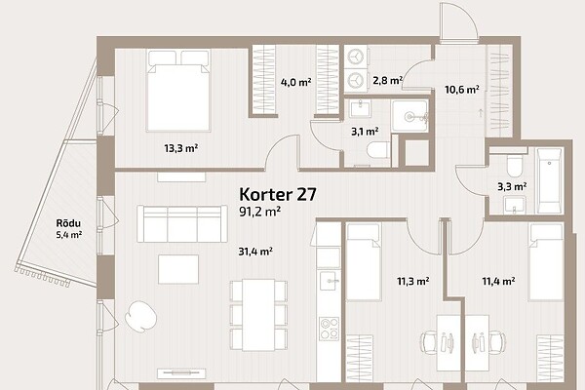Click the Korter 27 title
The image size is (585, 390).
pyautogui.click(x=278, y=194)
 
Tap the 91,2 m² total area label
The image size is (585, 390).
pyautogui.click(x=259, y=212)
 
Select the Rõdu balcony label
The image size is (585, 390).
pyautogui.click(x=68, y=223)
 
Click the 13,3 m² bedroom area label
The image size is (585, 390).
pyautogui.click(x=181, y=148)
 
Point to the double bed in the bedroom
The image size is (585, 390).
pyautogui.click(x=178, y=91)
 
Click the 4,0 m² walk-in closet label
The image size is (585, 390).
pyautogui.click(x=295, y=82)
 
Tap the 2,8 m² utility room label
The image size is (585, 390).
pyautogui.click(x=387, y=80)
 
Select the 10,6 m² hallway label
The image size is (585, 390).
pyautogui.click(x=462, y=90)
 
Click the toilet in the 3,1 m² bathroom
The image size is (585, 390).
pyautogui.click(x=378, y=150)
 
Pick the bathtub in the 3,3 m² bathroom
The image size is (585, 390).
pyautogui.click(x=549, y=180)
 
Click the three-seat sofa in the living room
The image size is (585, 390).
pyautogui.click(x=182, y=223)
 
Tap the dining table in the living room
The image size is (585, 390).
pyautogui.click(x=258, y=315)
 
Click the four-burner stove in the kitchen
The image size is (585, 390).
pyautogui.click(x=330, y=329)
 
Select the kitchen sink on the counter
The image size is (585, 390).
pyautogui.click(x=330, y=280)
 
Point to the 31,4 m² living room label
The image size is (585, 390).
pyautogui.click(x=255, y=252)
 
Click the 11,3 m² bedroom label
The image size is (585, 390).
pyautogui.click(x=412, y=281)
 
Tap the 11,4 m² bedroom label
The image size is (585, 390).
pyautogui.click(x=498, y=281)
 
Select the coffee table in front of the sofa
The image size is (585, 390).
pyautogui.click(x=178, y=269)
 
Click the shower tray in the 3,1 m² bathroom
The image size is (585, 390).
pyautogui.click(x=409, y=116)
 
